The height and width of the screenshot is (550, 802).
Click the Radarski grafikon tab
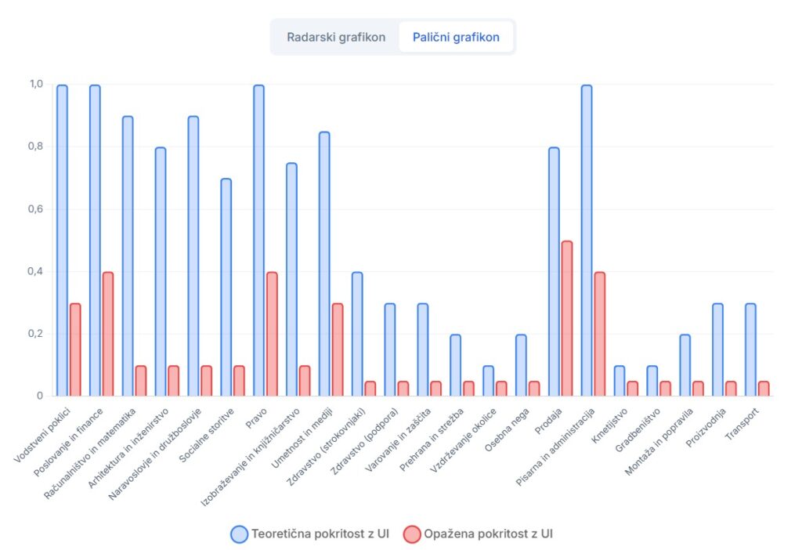point(335,37)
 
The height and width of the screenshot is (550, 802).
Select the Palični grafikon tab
point(456,37)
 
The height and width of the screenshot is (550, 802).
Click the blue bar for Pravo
point(258,240)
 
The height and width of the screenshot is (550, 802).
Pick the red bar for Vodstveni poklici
point(75,349)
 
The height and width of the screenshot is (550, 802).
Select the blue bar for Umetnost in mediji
point(324,263)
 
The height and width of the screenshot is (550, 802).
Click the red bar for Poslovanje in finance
point(108,334)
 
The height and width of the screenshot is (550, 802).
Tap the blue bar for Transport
point(750,349)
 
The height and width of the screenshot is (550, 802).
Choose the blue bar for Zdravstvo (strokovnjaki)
point(357,334)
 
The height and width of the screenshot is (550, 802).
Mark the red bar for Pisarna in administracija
point(600,334)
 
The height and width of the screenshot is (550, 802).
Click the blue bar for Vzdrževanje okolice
point(488,381)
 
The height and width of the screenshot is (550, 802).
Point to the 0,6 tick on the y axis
point(36,209)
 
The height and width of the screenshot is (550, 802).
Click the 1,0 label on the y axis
point(36,84)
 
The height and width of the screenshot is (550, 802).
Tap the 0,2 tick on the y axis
point(36,334)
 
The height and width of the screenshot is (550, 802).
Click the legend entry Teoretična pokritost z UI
point(310,534)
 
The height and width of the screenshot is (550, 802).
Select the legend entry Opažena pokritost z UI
point(479,534)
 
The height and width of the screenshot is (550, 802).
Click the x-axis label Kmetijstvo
point(608,423)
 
